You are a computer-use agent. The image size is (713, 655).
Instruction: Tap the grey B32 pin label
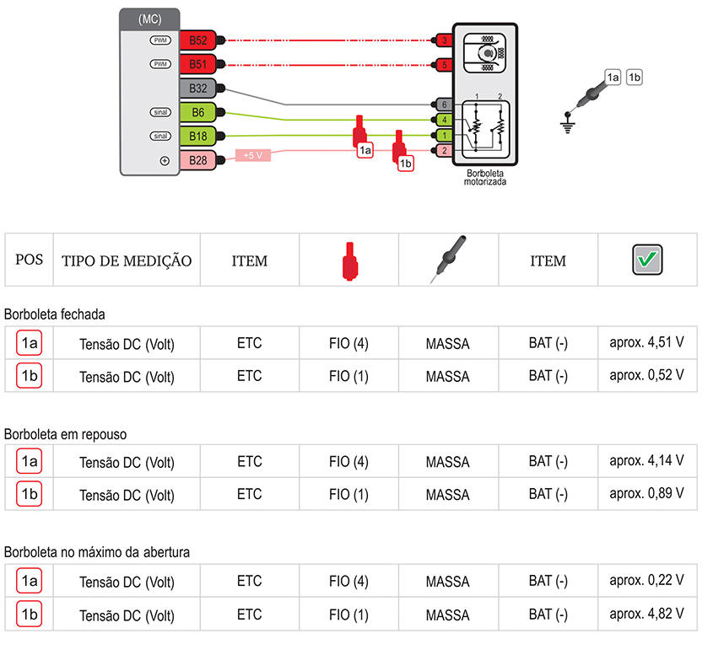click(197, 89)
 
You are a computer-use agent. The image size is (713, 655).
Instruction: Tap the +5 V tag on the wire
click(253, 155)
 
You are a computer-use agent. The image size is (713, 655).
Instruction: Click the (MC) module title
click(149, 19)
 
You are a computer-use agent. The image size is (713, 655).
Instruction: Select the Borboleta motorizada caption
click(484, 178)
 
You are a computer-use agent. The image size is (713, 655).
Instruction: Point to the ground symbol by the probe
click(567, 124)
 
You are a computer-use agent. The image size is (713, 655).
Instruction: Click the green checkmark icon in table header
click(647, 260)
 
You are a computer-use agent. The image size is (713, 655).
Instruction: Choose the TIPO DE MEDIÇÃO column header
click(127, 260)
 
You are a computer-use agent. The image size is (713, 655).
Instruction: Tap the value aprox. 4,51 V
click(646, 342)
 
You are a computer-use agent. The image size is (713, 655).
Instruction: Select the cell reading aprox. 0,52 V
click(646, 375)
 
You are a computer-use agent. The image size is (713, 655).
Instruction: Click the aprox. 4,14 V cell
click(646, 460)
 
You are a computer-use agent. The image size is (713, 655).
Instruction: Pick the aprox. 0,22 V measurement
click(646, 580)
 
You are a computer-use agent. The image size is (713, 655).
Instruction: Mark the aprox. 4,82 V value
click(646, 614)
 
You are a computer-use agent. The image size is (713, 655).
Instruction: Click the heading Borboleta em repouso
click(66, 434)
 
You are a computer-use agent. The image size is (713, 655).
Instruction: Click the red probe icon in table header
click(349, 261)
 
